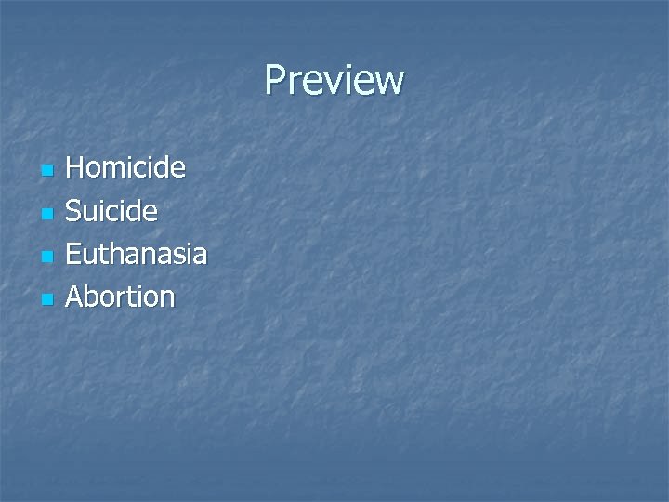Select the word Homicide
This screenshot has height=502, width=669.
tap(126, 168)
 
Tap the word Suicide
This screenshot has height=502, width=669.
tap(112, 211)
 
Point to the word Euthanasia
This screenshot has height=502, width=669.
tap(137, 254)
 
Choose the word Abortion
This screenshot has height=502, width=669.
tap(121, 297)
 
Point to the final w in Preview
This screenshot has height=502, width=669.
tap(391, 84)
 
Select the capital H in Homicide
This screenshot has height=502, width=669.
tap(76, 168)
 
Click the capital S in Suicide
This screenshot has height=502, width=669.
tap(74, 211)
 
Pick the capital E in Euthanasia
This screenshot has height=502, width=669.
tap(74, 254)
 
